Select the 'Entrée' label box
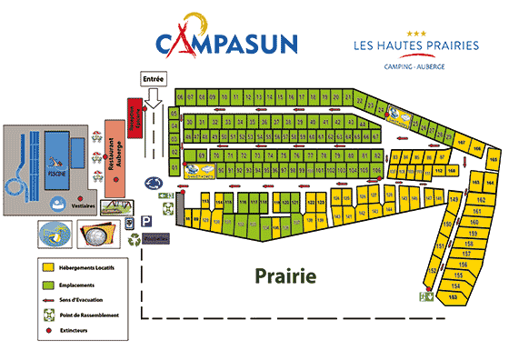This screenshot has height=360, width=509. (154, 79)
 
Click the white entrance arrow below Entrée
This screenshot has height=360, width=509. (154, 95)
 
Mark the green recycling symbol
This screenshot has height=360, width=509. (135, 239)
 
